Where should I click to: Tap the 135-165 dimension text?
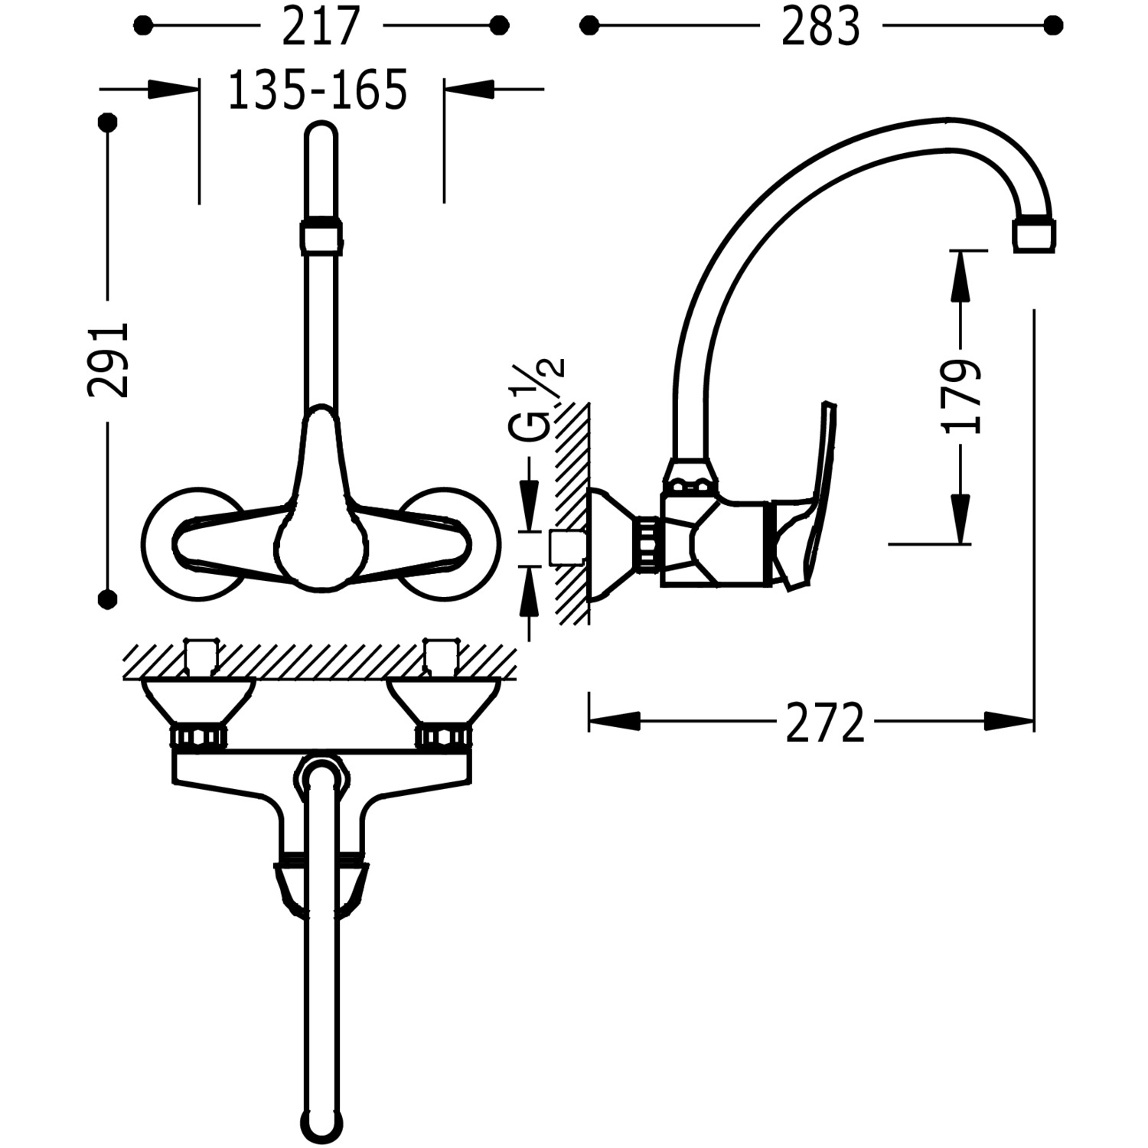318,90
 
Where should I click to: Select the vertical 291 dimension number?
108,359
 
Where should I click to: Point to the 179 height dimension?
962,396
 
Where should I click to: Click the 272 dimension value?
825,722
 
